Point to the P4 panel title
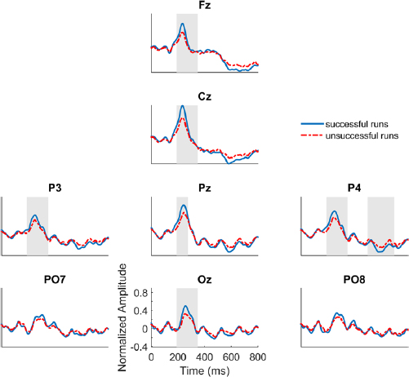(x=355, y=188)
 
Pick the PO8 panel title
(x=355, y=281)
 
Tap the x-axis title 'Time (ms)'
(x=205, y=370)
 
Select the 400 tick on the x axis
(x=205, y=357)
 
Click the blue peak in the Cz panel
(x=183, y=106)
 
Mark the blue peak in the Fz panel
(x=183, y=24)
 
